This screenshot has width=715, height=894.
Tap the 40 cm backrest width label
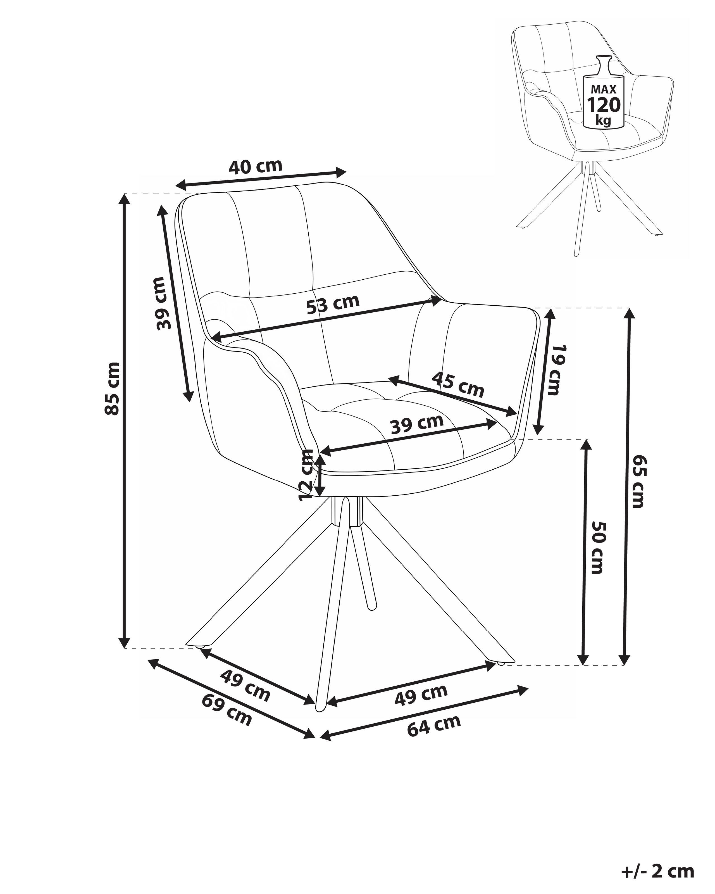pos(255,166)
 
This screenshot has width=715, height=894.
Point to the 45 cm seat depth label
pos(457,384)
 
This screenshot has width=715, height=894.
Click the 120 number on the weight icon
pos(604,105)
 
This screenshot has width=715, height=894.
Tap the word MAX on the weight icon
pos(604,89)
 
